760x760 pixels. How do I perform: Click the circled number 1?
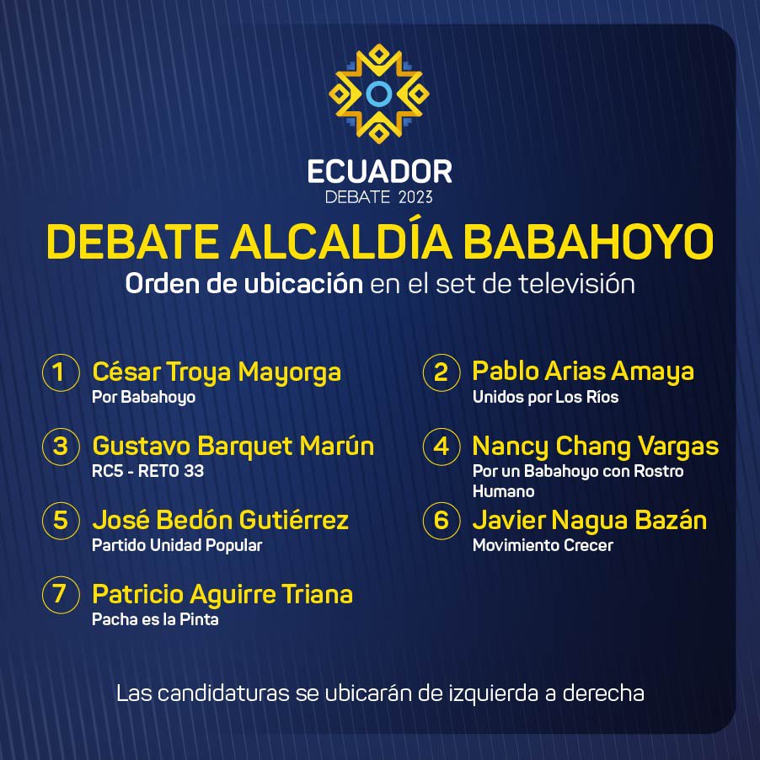point(61,372)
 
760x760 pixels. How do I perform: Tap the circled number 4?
point(441,447)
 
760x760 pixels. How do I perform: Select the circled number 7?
point(61,594)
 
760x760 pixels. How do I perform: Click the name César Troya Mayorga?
point(217,372)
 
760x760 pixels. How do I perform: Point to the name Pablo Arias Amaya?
point(583,372)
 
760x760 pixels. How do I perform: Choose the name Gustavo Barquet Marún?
point(233,446)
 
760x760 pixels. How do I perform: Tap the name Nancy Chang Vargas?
point(595,447)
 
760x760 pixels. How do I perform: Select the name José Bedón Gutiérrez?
point(221,520)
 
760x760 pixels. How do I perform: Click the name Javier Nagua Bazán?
point(590,520)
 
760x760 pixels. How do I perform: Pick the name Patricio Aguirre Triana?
point(222,594)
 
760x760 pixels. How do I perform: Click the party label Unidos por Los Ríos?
point(545,397)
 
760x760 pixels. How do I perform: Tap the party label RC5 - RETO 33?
point(147,471)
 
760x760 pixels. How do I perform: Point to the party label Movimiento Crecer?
point(543,545)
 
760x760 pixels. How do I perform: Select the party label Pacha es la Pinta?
point(155,619)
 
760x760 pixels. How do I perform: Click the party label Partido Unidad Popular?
point(177,545)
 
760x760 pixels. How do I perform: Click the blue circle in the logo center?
point(378,94)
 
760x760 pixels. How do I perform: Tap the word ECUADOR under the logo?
point(379,172)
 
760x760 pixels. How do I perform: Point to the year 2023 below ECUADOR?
point(415,197)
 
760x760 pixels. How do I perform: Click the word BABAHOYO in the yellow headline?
point(588,242)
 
